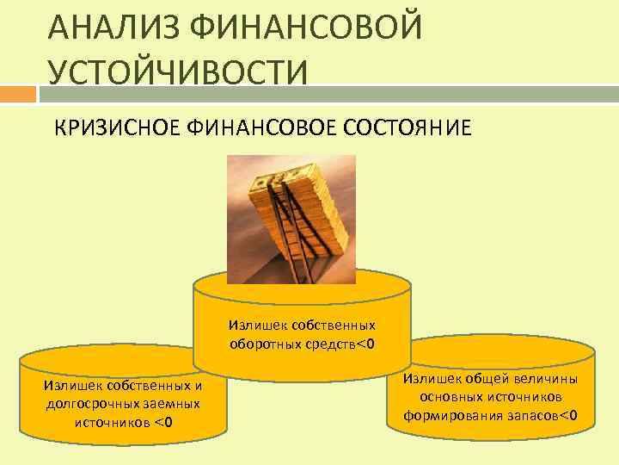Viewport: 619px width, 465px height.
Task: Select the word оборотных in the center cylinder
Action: tap(261, 344)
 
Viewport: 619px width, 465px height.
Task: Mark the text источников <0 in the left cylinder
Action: tap(124, 421)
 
